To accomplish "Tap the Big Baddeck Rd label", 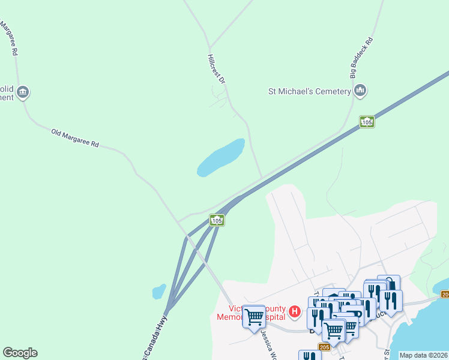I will tap(361, 58).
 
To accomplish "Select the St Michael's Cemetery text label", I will tap(309, 91).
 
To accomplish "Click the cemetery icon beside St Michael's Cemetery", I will tap(360, 91).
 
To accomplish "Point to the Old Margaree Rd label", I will tap(75, 139).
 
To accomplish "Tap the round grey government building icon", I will tap(23, 92).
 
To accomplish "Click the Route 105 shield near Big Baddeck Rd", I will tap(367, 122).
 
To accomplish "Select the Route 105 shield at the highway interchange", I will tap(217, 220).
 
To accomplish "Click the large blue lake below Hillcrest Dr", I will tap(221, 158).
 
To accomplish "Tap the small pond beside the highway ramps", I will tap(159, 292).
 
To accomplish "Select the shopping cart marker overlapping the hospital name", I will tap(254, 316).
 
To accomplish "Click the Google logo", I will tap(20, 353).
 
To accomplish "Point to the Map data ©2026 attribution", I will tap(423, 355).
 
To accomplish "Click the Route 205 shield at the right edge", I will tap(445, 294).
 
